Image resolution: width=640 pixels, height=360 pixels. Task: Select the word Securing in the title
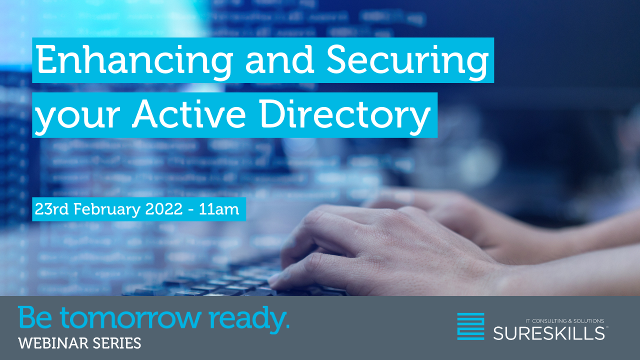coord(407,61)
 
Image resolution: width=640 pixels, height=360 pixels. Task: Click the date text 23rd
coord(51,209)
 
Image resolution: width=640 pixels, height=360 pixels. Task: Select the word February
coord(107,209)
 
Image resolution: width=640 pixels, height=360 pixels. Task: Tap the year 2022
coord(163,209)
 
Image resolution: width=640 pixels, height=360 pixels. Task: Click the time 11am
coord(219,209)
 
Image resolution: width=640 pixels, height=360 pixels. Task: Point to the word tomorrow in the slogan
coord(130,318)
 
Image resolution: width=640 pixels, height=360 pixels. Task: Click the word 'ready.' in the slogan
coord(249,319)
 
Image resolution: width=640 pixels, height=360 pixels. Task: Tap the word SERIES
coord(122,343)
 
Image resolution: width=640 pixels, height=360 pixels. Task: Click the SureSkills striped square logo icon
coord(470,326)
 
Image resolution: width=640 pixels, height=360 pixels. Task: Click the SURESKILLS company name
coord(549,333)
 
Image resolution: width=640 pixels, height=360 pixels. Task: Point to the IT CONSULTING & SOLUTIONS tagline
coord(565,321)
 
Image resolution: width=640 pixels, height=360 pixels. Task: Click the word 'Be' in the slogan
coord(35,317)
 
